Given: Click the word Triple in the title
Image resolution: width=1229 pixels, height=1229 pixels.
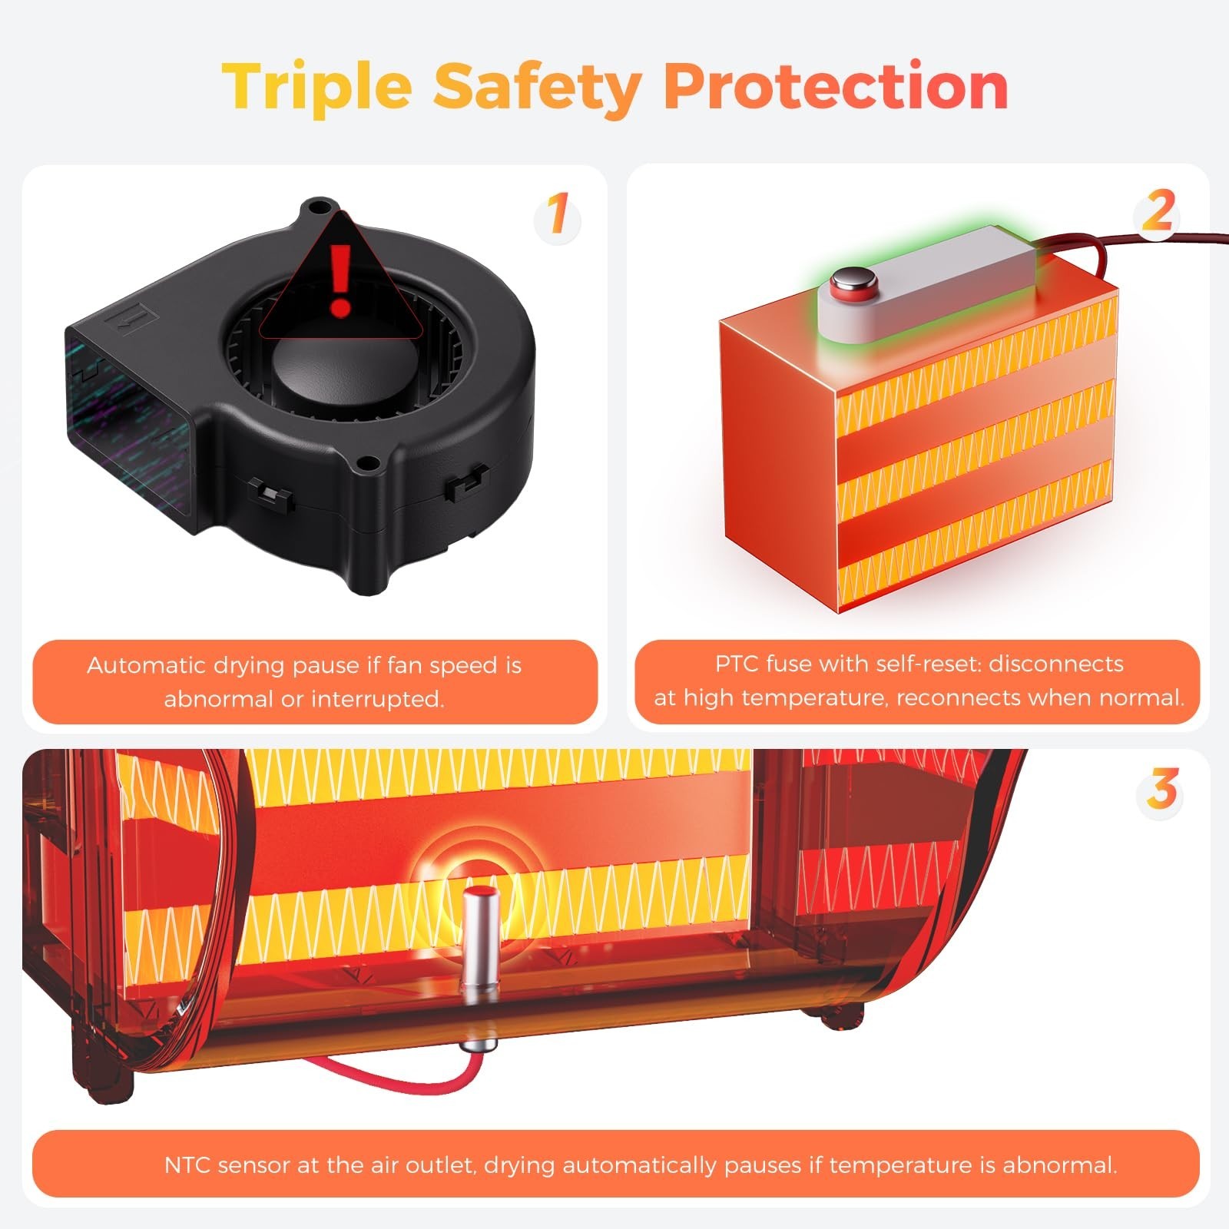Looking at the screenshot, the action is tap(317, 87).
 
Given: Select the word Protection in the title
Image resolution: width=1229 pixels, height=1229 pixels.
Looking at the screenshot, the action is tap(836, 85).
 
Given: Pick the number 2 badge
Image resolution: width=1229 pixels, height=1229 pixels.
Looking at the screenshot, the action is tap(1158, 211).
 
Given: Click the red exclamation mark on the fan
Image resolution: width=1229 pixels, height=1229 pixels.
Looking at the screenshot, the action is tap(340, 280).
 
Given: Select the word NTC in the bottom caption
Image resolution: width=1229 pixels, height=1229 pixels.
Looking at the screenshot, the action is tap(187, 1164).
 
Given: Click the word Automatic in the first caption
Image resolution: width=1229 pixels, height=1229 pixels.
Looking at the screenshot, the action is tap(146, 665).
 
